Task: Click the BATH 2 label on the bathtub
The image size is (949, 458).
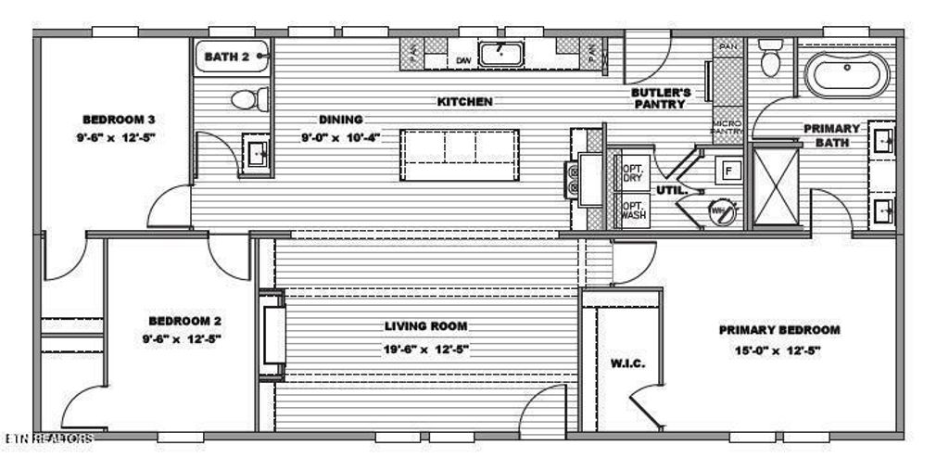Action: (x=227, y=57)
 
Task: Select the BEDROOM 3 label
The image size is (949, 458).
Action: (x=118, y=120)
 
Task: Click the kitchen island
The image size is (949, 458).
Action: (x=460, y=156)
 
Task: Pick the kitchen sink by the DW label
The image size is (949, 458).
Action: (x=500, y=50)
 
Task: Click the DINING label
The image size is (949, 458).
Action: (x=341, y=120)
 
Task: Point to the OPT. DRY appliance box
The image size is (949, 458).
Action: (x=632, y=172)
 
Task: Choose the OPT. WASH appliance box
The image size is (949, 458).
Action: (x=632, y=210)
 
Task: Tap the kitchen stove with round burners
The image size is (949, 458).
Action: (x=577, y=177)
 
